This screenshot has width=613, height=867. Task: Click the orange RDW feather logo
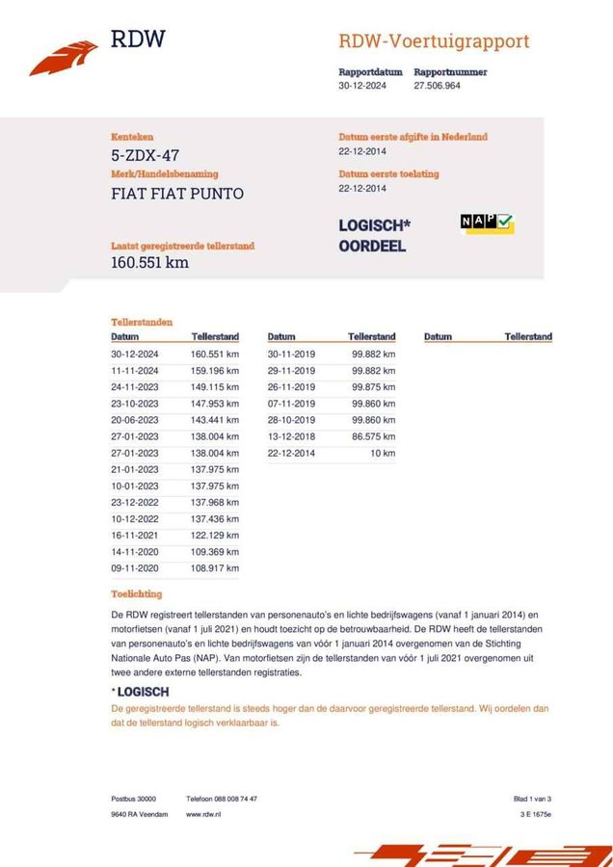[63, 58]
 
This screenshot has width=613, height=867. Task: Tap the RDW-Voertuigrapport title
[434, 41]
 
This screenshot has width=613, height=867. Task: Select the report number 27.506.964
[437, 86]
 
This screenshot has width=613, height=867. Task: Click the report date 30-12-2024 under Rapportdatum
[361, 86]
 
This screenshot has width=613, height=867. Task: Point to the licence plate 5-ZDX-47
[145, 155]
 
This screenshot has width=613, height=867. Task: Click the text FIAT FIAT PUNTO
[177, 193]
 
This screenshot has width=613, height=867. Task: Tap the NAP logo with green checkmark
[487, 223]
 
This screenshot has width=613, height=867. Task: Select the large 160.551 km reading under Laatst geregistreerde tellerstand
[149, 262]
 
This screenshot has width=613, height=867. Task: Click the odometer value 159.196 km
[214, 371]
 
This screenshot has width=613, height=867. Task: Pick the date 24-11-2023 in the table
[135, 387]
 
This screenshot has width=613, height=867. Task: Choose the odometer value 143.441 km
[214, 420]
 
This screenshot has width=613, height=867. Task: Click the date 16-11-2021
[135, 536]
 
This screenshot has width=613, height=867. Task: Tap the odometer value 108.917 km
[214, 568]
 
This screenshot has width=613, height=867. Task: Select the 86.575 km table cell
[373, 436]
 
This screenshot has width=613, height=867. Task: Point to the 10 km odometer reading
[383, 453]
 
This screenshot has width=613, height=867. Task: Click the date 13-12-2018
[291, 436]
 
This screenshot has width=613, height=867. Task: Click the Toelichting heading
[137, 594]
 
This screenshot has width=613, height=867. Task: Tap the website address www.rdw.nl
[205, 814]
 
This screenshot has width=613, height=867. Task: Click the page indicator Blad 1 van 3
[532, 799]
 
